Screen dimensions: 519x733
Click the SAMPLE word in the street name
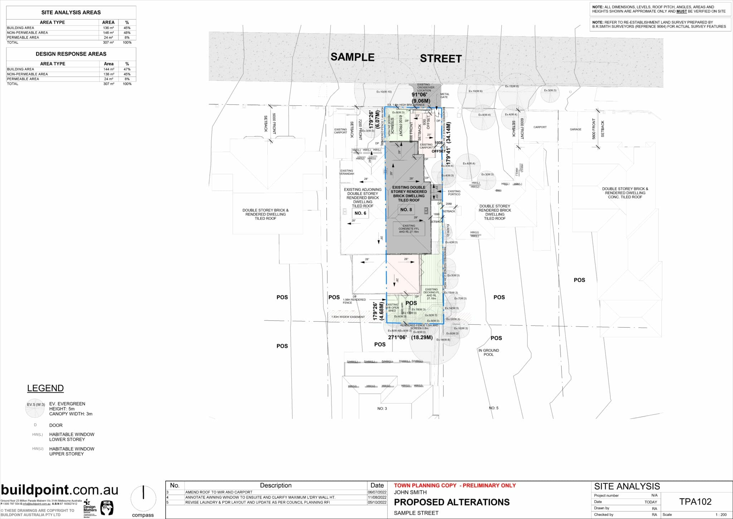point(352,57)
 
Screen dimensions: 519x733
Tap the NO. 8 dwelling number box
point(406,210)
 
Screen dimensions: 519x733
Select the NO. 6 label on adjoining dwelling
point(360,213)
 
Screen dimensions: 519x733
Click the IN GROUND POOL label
point(489,352)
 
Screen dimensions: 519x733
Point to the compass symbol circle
point(143,499)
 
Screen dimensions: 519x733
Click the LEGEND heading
point(45,388)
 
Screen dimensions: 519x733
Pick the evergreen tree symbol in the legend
point(36,409)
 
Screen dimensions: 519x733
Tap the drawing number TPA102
point(695,502)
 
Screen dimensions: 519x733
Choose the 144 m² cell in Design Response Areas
point(108,69)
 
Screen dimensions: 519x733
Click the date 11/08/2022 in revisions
point(377,497)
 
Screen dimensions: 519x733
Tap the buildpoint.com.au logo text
point(59,490)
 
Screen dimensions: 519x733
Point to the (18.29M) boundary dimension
point(422,337)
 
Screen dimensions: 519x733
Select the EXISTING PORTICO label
point(454,193)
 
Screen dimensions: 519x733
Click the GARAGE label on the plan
point(576,129)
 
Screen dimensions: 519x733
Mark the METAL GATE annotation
point(444,96)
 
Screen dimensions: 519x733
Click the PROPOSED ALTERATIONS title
point(452,502)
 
